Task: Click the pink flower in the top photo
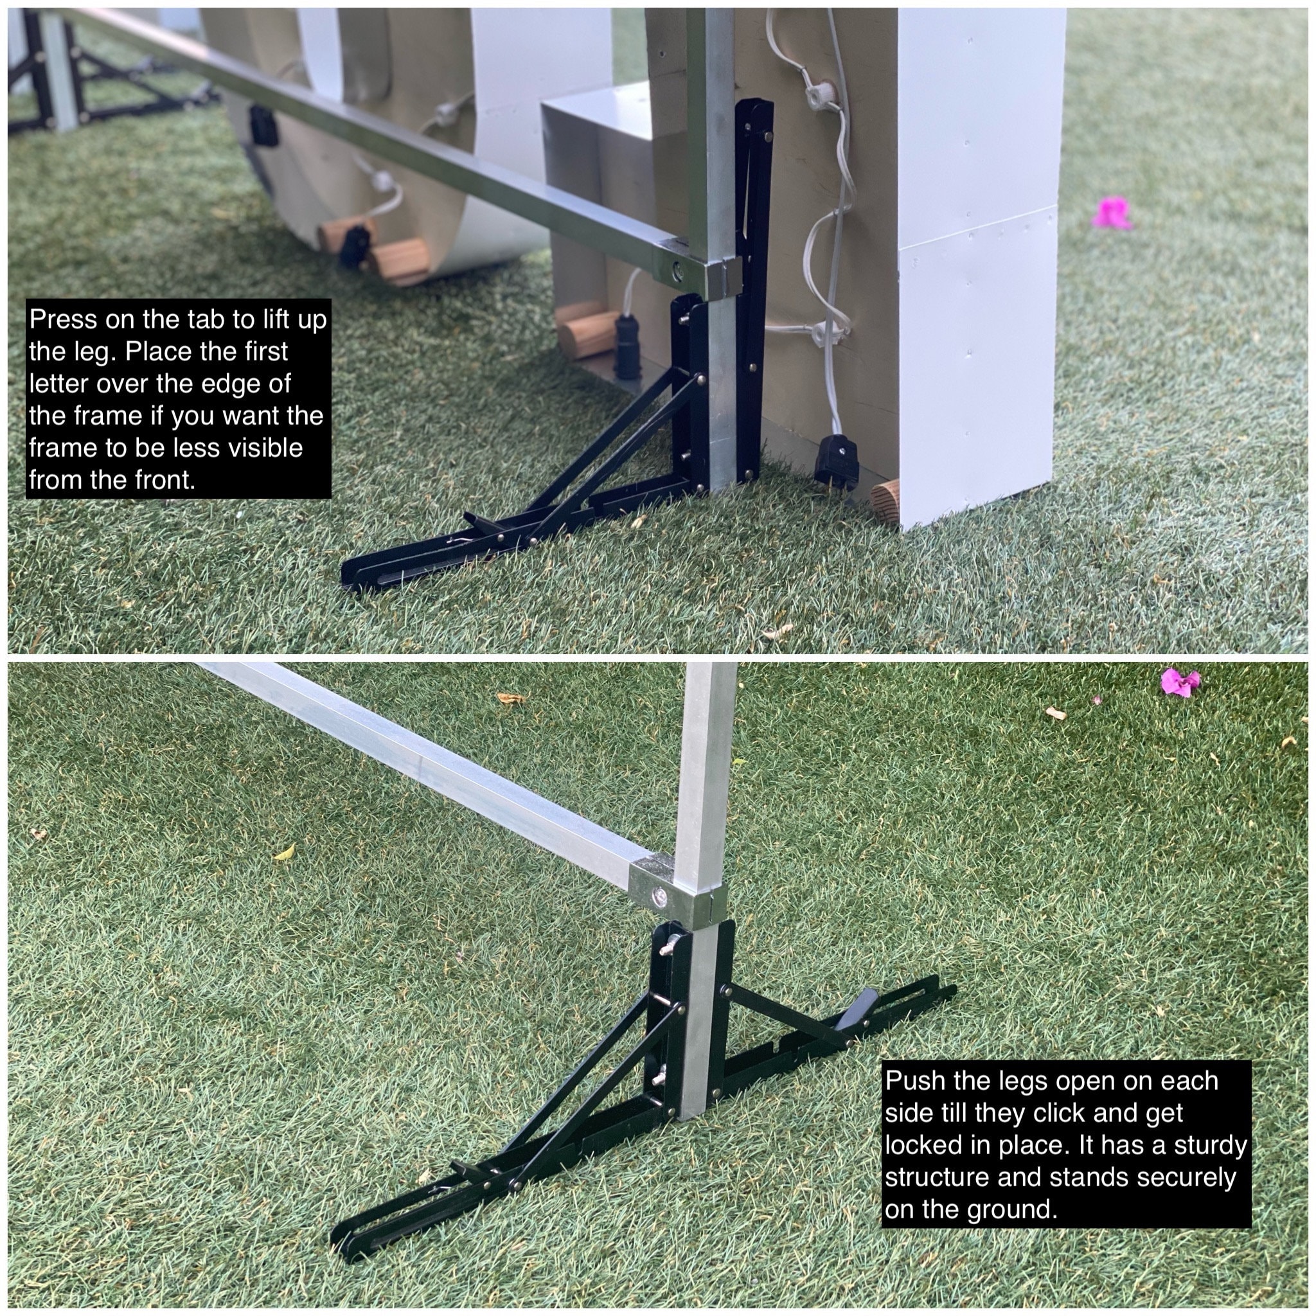pyautogui.click(x=1112, y=213)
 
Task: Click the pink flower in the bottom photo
pyautogui.click(x=1180, y=682)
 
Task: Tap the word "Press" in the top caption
pyautogui.click(x=64, y=319)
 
